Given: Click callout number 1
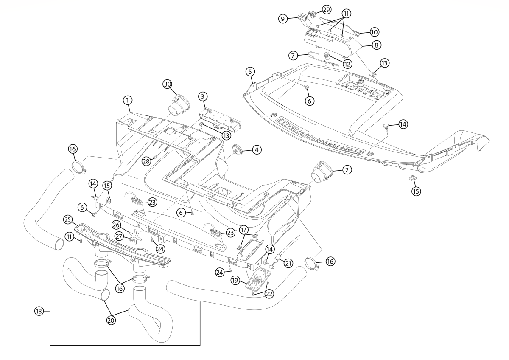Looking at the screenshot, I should tap(127, 100).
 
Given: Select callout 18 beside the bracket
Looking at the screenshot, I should tap(39, 311).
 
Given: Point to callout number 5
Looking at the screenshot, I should tap(250, 71).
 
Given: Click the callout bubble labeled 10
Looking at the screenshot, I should tap(374, 32).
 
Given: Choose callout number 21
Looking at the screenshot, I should tap(288, 263).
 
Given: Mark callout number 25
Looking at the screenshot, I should tap(67, 219).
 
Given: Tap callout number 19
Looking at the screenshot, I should tap(235, 280).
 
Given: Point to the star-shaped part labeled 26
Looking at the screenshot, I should tap(135, 233).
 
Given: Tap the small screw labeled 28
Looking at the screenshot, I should tap(155, 157).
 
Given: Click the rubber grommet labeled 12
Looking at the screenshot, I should tap(327, 56).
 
